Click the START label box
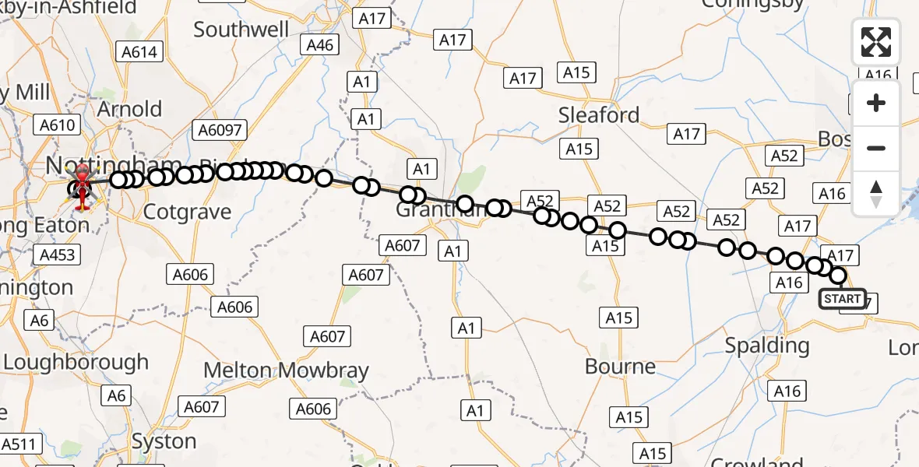point(842,299)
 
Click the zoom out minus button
point(876,148)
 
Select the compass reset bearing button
point(876,194)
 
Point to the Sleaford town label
point(599,115)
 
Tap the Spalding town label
point(767,345)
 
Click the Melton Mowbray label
point(286,370)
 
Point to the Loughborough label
point(76,362)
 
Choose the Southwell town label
point(241,30)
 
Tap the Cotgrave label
point(188,212)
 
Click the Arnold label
point(129,108)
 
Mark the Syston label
point(164,441)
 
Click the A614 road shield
point(139,52)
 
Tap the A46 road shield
point(319,44)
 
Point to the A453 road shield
point(58,255)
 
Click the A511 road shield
point(19,444)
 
